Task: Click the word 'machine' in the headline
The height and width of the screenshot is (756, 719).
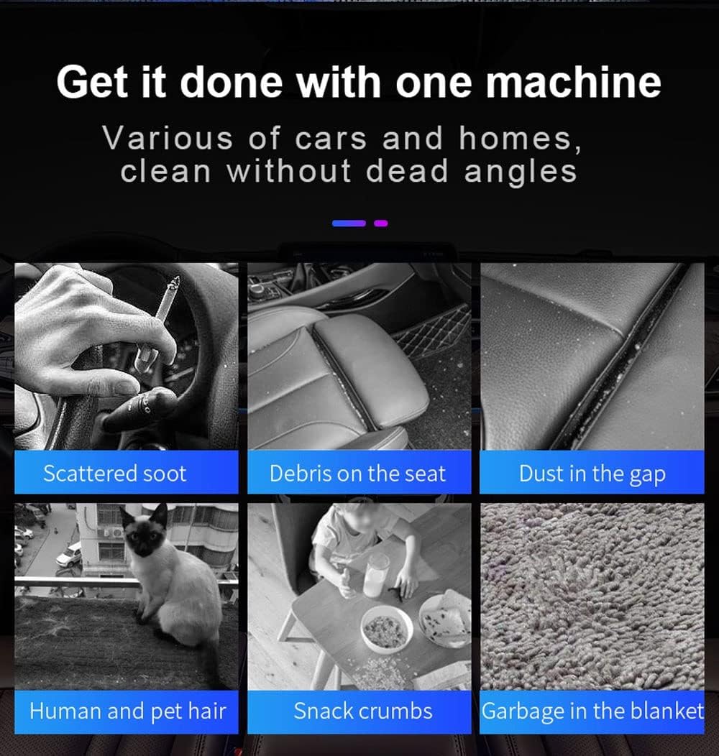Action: point(573,83)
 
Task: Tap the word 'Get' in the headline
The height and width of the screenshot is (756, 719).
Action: point(93,83)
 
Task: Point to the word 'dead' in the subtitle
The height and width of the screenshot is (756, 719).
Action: point(407,171)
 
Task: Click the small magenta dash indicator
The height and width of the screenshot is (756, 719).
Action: point(381,223)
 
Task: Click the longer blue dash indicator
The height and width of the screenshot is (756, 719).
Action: point(349,223)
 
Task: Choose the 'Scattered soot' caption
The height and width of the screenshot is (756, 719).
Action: point(115,474)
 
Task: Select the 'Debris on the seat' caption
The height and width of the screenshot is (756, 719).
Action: point(357,474)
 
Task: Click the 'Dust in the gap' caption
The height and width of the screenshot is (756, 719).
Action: point(592,474)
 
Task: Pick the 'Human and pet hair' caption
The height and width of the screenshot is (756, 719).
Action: point(128,711)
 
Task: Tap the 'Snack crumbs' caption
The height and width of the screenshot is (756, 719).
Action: point(363,711)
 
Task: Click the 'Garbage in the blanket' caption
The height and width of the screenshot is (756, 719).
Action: point(592,711)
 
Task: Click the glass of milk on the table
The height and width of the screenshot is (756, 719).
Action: point(376,575)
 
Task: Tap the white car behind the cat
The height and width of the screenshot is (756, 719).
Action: point(69,555)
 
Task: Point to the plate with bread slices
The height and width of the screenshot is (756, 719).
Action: point(445,620)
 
